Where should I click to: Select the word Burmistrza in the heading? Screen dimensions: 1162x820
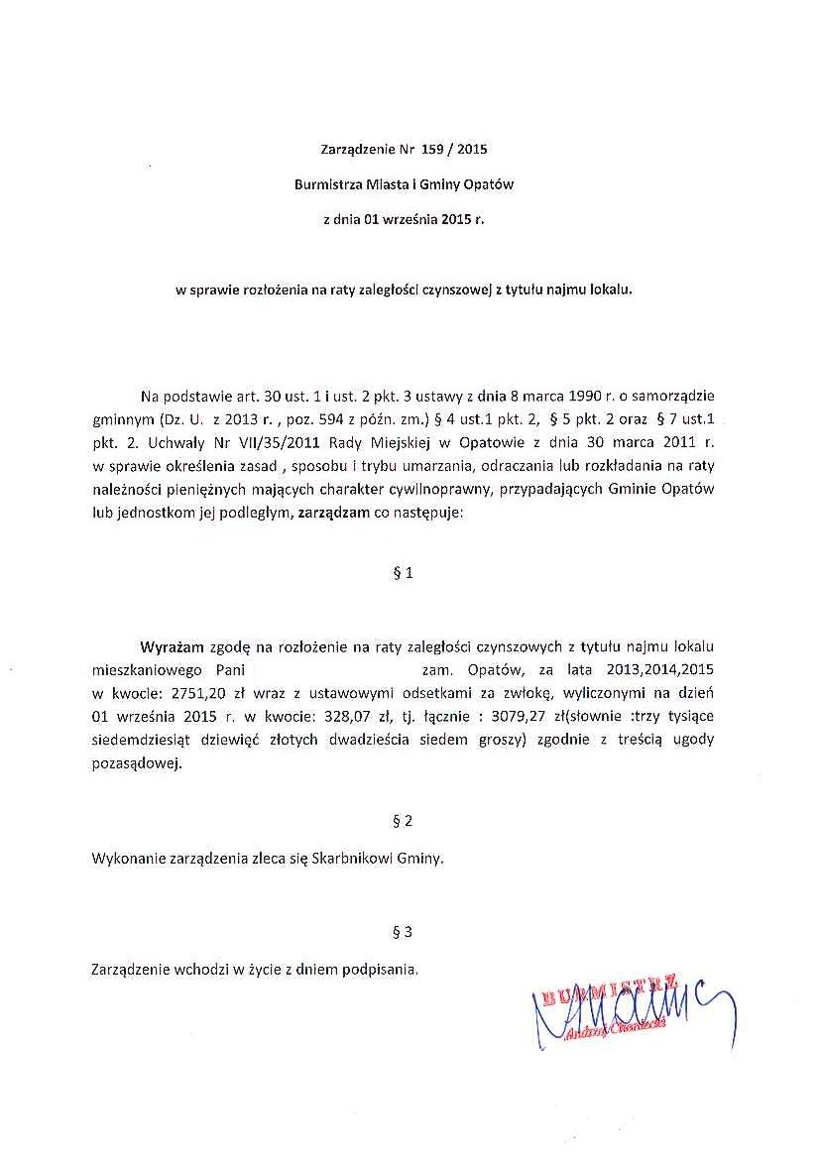coord(327,184)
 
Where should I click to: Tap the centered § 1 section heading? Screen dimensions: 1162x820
coord(403,573)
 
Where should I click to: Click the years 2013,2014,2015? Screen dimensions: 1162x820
coord(660,669)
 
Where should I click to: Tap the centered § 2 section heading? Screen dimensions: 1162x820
coord(403,821)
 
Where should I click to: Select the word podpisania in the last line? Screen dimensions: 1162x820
coord(380,969)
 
